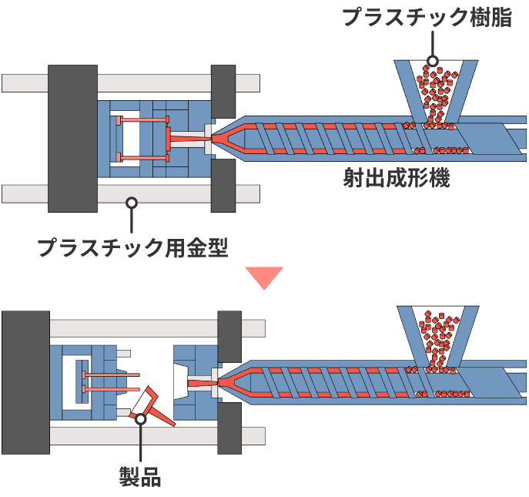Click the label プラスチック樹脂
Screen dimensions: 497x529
point(427,18)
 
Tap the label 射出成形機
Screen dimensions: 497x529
point(396,180)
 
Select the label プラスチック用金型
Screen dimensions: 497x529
point(132,247)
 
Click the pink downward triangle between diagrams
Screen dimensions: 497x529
point(264,278)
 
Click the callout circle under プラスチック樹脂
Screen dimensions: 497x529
point(433,61)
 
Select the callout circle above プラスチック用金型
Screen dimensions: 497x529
point(132,203)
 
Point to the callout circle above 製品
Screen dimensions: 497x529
point(140,419)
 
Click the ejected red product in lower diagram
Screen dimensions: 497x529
point(154,410)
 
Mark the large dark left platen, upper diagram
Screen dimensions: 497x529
point(72,138)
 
